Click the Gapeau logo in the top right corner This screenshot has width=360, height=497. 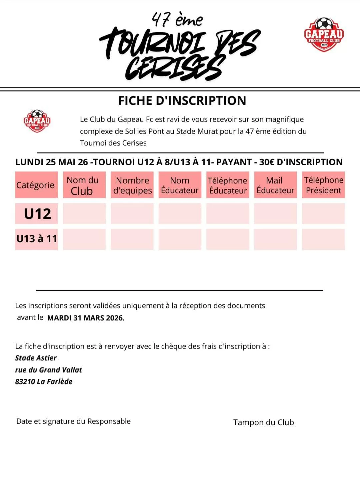pyautogui.click(x=323, y=34)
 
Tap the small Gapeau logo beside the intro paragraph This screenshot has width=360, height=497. pyautogui.click(x=37, y=121)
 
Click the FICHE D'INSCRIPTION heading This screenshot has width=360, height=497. pyautogui.click(x=182, y=101)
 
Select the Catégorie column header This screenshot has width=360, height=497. pyautogui.click(x=36, y=185)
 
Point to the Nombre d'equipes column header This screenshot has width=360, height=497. pyautogui.click(x=132, y=185)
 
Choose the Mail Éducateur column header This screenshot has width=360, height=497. pyautogui.click(x=275, y=185)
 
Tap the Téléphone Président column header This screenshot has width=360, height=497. pyautogui.click(x=323, y=185)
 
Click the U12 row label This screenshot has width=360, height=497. pyautogui.click(x=37, y=214)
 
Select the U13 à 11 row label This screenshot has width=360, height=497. pyautogui.click(x=37, y=239)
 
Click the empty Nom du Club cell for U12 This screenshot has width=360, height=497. pyautogui.click(x=84, y=214)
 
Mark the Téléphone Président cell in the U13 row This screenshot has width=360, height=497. pyautogui.click(x=323, y=239)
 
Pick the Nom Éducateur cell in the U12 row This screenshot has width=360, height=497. pyautogui.click(x=180, y=214)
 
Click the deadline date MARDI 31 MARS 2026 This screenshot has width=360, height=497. pyautogui.click(x=86, y=318)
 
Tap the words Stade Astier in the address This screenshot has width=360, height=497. pyautogui.click(x=36, y=358)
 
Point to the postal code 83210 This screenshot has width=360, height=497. pyautogui.click(x=25, y=382)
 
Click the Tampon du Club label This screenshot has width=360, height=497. pyautogui.click(x=263, y=422)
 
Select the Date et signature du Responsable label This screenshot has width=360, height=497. pyautogui.click(x=73, y=421)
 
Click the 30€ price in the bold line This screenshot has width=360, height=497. pyautogui.click(x=267, y=162)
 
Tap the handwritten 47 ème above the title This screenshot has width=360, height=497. pyautogui.click(x=177, y=19)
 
